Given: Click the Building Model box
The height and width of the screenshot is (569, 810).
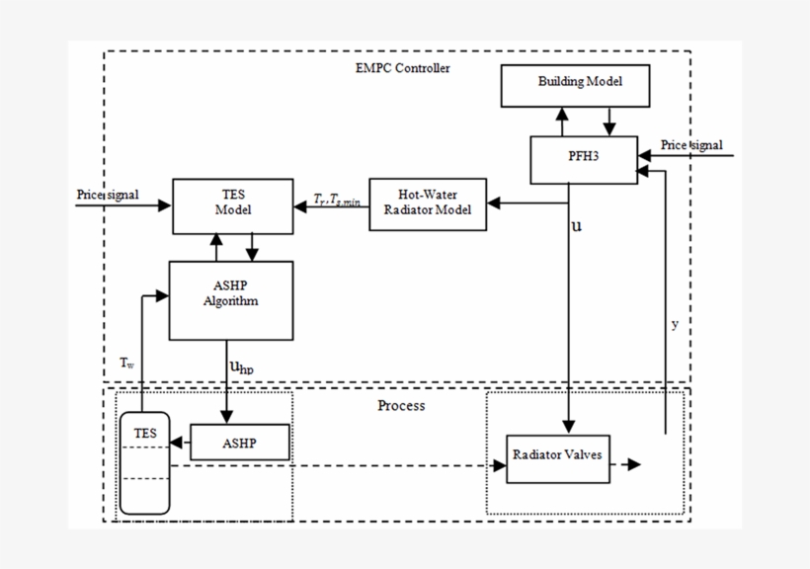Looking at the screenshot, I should coord(576,86).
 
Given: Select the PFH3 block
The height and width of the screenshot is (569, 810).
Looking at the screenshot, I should coord(583,159).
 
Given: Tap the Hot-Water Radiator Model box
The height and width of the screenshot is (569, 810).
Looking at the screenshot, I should coord(428,203).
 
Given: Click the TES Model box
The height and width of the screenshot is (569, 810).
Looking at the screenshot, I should coord(233,205).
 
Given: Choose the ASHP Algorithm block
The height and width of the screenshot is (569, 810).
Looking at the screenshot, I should coord(230,299).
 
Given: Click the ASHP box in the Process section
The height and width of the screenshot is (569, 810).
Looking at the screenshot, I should coord(240,443).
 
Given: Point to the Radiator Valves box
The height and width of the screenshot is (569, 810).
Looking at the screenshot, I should coord(559,457).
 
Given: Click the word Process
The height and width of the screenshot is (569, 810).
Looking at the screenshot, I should coord(401,406).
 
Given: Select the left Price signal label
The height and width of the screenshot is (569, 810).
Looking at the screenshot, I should coord(108,194).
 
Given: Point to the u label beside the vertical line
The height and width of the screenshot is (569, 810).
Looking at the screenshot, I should coord(577,226).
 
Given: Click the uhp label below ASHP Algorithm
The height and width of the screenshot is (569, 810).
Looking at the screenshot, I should coord(242,367).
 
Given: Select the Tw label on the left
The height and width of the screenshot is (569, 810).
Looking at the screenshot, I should coord(127,363).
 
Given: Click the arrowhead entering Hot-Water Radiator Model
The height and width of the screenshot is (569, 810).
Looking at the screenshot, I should coord(494,203).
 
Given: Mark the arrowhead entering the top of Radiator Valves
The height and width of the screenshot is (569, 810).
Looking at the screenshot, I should coord(567,427).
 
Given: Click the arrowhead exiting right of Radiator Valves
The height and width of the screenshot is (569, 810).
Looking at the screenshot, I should coord(633,464).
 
